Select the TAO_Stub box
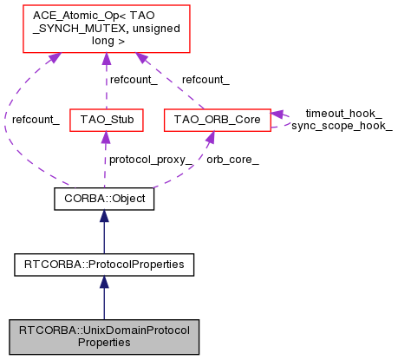(105, 119)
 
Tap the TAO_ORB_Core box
(216, 119)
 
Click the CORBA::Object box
(104, 200)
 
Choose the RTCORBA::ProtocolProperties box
(104, 261)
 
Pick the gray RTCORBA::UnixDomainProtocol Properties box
(104, 335)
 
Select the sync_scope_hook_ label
(342, 125)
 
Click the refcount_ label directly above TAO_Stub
(132, 80)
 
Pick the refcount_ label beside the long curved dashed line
(35, 119)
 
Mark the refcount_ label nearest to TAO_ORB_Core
(206, 80)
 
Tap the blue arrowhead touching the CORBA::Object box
(104, 216)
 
